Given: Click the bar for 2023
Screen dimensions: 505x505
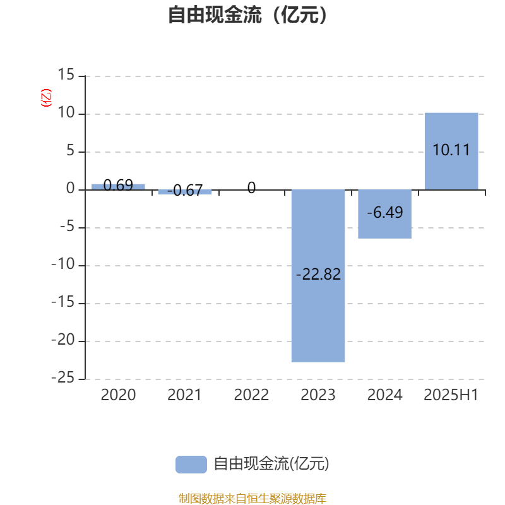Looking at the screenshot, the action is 318,276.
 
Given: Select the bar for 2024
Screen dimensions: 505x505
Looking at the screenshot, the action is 384,214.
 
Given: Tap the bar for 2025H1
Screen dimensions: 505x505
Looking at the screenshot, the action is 451,151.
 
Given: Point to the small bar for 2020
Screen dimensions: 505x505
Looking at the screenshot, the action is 118,187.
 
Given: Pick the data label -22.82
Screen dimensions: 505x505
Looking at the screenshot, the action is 318,275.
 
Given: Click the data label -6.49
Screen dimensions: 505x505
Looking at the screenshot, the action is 385,212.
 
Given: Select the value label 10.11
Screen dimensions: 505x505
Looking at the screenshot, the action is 451,150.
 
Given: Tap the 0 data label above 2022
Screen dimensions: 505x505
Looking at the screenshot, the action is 251,187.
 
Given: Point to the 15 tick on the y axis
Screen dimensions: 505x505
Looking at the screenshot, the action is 66,74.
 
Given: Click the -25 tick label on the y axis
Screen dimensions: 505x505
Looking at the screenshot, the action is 63,377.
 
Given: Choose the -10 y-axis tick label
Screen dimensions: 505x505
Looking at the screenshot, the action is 63,264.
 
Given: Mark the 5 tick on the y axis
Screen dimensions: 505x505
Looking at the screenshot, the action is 71,150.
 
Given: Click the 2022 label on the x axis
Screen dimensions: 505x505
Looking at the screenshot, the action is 251,395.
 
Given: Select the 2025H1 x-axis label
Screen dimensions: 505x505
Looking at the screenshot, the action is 451,395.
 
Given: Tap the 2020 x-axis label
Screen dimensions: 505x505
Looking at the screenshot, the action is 118,395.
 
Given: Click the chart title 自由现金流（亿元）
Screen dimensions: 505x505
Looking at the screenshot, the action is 247,15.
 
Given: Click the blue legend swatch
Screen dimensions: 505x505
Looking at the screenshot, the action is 191,465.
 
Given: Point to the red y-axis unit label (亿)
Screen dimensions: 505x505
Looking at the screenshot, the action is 46,98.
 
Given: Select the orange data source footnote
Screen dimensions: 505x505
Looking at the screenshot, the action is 252,498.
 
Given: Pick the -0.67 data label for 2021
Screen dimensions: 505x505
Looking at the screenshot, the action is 185,191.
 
